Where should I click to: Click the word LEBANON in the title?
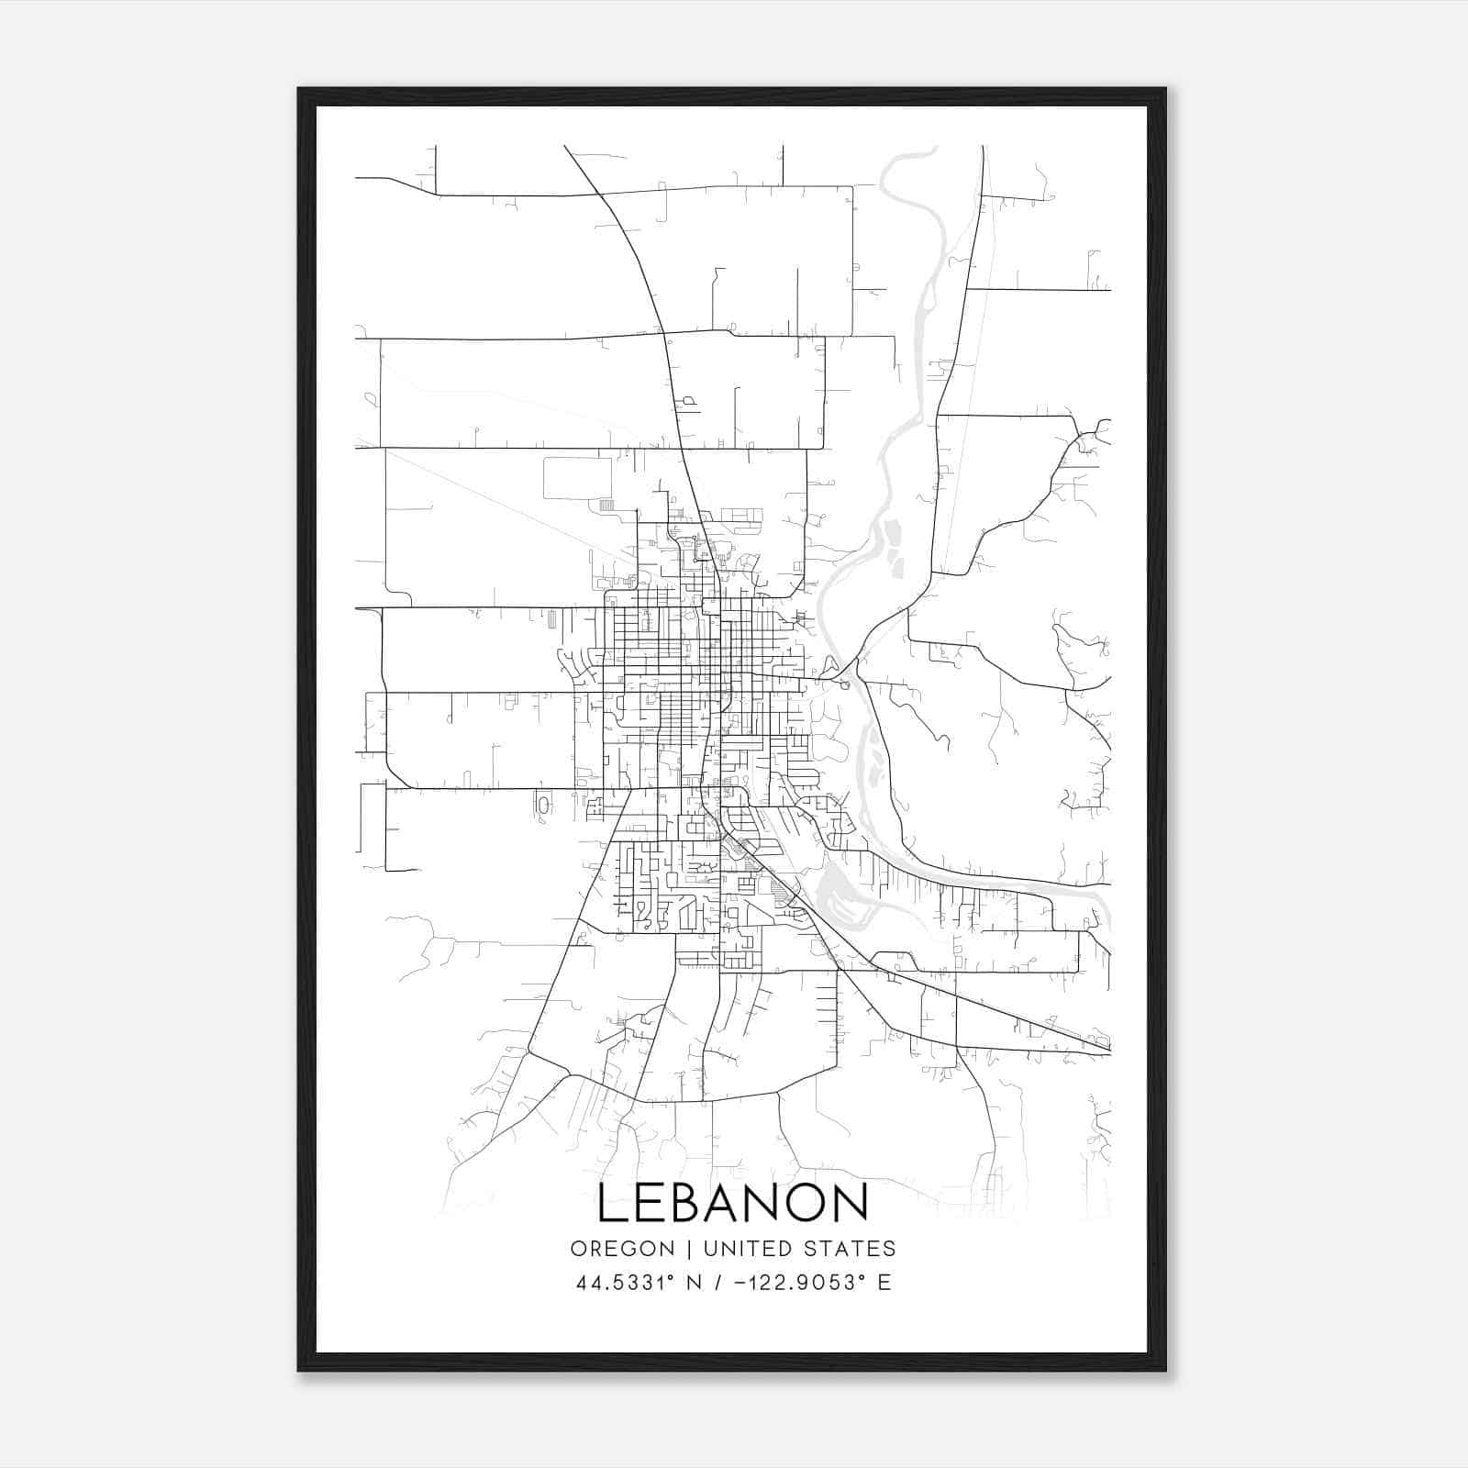coord(732,1203)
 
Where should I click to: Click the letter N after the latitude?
coord(695,1283)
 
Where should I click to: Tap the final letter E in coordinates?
coord(884,1283)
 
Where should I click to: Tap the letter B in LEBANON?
coord(692,1203)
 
